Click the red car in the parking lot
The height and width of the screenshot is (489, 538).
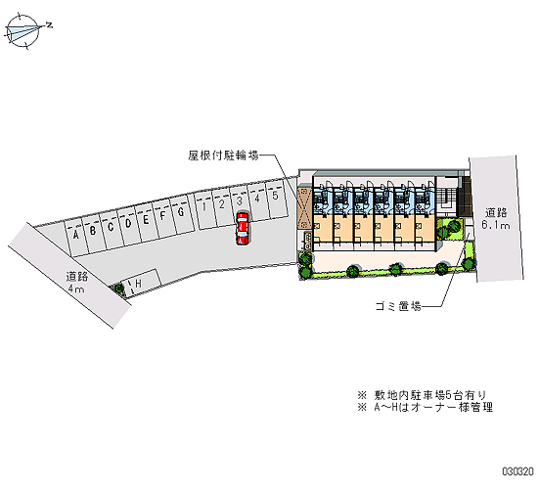tap(243, 228)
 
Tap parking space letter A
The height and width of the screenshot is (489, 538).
tap(76, 236)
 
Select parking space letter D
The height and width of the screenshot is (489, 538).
tap(128, 223)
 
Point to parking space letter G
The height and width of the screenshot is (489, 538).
tap(181, 212)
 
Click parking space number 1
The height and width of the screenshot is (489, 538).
tap(204, 207)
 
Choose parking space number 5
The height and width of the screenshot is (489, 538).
tap(275, 196)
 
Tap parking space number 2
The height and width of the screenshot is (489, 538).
tap(222, 204)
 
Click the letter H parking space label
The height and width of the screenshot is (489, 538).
tap(139, 284)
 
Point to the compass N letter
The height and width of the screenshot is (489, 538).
tap(50, 24)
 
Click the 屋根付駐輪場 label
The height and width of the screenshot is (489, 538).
tap(223, 156)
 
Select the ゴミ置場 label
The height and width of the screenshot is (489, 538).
tap(398, 306)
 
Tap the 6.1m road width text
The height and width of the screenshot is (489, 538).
tap(496, 225)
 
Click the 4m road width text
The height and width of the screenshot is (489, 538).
tap(76, 289)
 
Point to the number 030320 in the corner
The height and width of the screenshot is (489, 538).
tap(518, 471)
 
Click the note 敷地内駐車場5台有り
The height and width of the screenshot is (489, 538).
tap(430, 395)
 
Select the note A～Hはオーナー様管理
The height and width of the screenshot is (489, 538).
tap(433, 407)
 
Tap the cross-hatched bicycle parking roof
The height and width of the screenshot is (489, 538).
tap(304, 207)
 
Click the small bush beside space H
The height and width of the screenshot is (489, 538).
tap(119, 288)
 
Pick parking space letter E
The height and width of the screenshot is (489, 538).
tap(146, 220)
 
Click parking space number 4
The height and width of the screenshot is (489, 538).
tap(257, 198)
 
